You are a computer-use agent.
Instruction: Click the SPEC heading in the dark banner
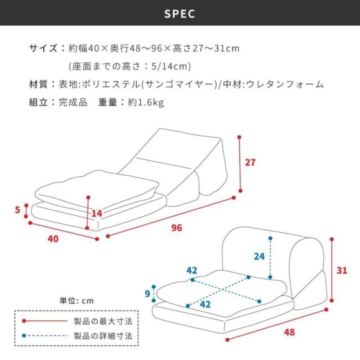click(x=180, y=14)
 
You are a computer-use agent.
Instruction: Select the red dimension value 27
click(x=250, y=163)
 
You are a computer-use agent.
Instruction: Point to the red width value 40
click(x=53, y=239)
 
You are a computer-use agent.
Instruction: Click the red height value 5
click(x=18, y=210)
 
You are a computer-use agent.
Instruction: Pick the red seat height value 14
click(x=97, y=213)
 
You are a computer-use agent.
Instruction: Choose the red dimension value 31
click(x=342, y=270)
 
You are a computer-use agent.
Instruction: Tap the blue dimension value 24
click(x=259, y=256)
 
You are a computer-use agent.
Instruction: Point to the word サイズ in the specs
click(x=44, y=49)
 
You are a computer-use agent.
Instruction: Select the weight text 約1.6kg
click(x=146, y=102)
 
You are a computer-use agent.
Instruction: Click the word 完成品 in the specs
click(x=73, y=102)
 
